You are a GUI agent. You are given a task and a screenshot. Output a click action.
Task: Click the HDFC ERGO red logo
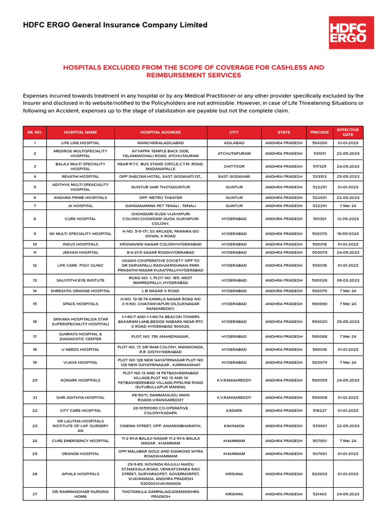click(x=351, y=32)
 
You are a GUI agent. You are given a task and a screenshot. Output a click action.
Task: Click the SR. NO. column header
click(x=35, y=132)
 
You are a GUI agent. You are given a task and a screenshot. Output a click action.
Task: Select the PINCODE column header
click(x=319, y=132)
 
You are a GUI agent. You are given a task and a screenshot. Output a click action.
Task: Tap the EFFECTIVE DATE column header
click(x=348, y=132)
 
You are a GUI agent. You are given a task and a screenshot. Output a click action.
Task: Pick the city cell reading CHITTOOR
click(x=234, y=166)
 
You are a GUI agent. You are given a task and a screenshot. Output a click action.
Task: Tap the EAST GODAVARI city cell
click(x=234, y=177)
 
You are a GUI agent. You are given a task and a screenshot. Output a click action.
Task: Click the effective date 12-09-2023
click(x=348, y=219)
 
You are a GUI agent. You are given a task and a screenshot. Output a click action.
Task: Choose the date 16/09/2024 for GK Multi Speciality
click(x=348, y=234)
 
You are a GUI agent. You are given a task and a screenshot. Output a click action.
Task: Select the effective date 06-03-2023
click(x=348, y=280)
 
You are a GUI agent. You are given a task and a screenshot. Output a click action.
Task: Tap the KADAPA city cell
click(x=234, y=411)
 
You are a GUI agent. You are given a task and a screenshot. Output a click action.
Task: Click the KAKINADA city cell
click(x=234, y=426)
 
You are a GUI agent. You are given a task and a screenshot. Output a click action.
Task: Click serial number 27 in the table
click(x=35, y=494)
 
